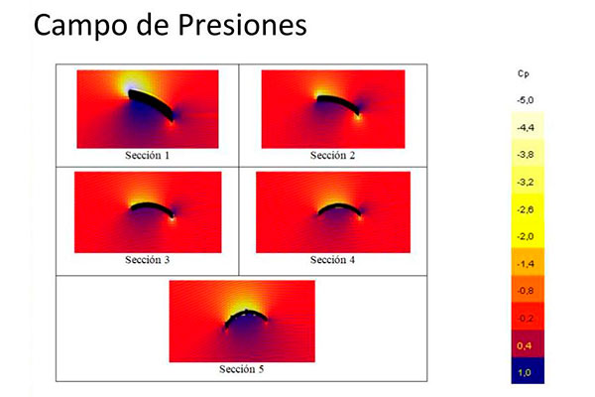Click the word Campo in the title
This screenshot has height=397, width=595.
[x=80, y=27]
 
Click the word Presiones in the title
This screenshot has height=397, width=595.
[x=242, y=25]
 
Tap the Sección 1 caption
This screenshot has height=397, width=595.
[x=147, y=156]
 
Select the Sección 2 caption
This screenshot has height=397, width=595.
[x=332, y=156]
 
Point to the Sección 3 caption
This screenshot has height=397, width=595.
[x=147, y=260]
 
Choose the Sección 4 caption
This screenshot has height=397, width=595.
[x=332, y=260]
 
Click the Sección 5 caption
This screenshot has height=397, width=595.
[x=241, y=369]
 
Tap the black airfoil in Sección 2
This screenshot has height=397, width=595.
[x=339, y=102]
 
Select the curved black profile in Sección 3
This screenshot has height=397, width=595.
[x=152, y=205]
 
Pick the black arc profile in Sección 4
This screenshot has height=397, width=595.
[x=339, y=206]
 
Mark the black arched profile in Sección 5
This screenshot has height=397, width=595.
[x=246, y=314]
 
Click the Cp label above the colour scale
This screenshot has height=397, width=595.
[x=524, y=73]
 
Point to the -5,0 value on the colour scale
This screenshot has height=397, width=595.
[x=526, y=100]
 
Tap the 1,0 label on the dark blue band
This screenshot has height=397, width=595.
[x=524, y=373]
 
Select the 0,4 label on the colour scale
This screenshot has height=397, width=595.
[x=524, y=345]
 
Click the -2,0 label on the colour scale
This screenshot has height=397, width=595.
[x=526, y=236]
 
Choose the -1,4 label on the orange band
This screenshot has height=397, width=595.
[x=526, y=264]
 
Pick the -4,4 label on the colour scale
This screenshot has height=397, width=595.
[x=526, y=128]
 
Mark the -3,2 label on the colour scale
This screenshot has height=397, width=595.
[x=526, y=182]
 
